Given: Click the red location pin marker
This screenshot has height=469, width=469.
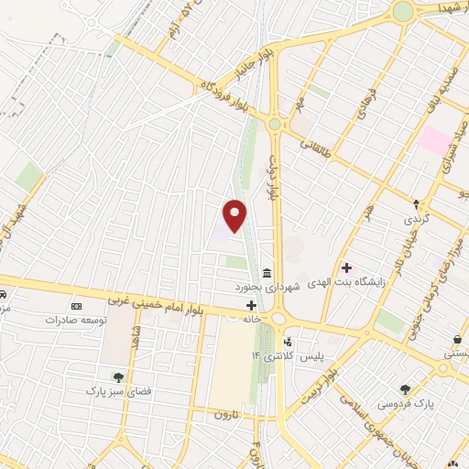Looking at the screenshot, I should (x=235, y=215).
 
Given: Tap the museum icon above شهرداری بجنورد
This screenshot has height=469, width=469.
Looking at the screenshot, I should (x=267, y=273).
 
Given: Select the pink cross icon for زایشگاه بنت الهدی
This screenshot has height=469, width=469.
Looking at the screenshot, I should (x=346, y=268).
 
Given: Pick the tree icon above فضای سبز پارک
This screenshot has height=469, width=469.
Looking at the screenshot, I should (x=117, y=376).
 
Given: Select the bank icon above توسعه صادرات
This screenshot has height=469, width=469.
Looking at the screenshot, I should (x=76, y=305).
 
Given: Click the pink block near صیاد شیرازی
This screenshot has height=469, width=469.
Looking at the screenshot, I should (x=435, y=139).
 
